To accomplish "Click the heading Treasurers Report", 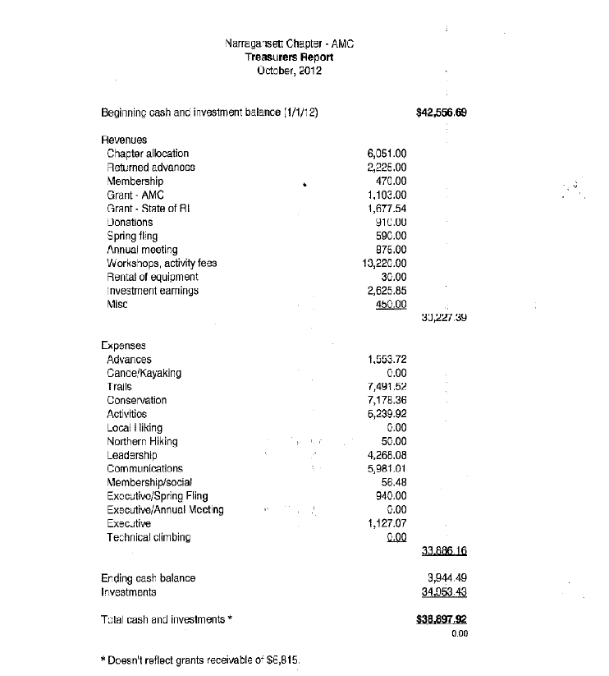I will pyautogui.click(x=289, y=57).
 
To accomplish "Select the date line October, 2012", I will pyautogui.click(x=289, y=71).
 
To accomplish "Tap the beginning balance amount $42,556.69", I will pyautogui.click(x=442, y=113).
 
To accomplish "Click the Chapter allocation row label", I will pyautogui.click(x=148, y=154).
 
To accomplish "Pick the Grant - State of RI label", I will pyautogui.click(x=149, y=209).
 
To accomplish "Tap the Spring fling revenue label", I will pyautogui.click(x=132, y=236).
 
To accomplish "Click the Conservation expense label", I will pyautogui.click(x=136, y=400).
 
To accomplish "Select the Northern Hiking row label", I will pyautogui.click(x=143, y=441).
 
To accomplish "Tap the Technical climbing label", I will pyautogui.click(x=149, y=537).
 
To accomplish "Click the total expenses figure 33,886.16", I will pyautogui.click(x=443, y=551).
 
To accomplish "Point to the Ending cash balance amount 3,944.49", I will pyautogui.click(x=447, y=578).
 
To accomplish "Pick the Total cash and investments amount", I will pyautogui.click(x=442, y=619).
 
